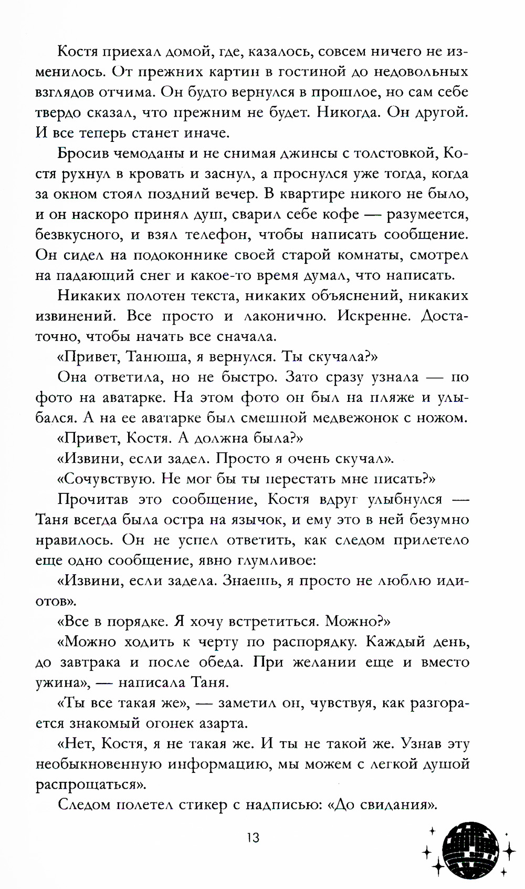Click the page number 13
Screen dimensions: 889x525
point(253,837)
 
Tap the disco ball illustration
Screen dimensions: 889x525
point(470,849)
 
